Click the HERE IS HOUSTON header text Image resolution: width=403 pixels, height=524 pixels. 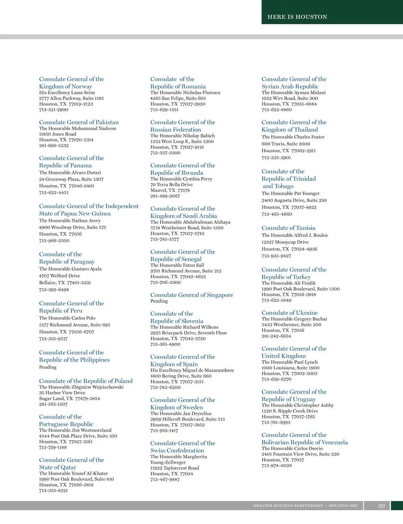(297, 17)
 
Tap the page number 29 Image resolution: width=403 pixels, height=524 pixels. (381, 506)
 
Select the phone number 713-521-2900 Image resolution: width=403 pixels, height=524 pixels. (54, 110)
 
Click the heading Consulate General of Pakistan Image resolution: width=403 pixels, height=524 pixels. (79, 122)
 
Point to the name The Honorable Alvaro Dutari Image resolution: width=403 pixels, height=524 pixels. (70, 172)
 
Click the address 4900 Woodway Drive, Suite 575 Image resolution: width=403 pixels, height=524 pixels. (73, 227)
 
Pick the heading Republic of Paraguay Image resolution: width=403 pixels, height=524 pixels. (67, 261)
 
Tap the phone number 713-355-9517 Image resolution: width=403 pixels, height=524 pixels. (53, 339)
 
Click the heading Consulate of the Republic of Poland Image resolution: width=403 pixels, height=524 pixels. (86, 381)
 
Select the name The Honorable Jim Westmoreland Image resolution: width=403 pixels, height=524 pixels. (75, 430)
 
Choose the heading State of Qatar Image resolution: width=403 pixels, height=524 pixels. (58, 467)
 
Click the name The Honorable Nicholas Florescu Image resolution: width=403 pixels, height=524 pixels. (185, 92)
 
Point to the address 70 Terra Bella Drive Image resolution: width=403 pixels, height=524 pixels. (171, 184)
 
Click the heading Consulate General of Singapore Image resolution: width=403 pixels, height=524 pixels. (191, 295)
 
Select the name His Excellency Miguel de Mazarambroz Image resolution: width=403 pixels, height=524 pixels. (192, 370)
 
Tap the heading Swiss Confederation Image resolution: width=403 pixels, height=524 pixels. (177, 450)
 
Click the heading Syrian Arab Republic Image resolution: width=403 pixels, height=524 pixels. (290, 86)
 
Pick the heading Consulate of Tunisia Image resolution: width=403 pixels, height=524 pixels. (288, 228)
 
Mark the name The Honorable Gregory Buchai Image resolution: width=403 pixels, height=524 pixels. (294, 319)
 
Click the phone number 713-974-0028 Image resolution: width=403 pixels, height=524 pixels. (277, 466)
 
